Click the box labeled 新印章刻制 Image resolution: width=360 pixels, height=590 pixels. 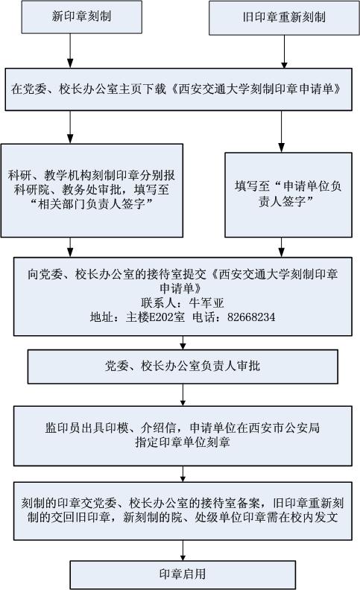point(82,17)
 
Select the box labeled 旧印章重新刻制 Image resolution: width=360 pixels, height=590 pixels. point(284,18)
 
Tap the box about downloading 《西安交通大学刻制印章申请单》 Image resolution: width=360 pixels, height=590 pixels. point(178,89)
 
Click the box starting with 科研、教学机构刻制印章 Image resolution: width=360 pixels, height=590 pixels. point(92,191)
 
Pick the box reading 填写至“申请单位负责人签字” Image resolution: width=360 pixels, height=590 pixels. point(288,195)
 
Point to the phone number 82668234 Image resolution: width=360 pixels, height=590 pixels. point(251,317)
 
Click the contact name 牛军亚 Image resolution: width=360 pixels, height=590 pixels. point(206,303)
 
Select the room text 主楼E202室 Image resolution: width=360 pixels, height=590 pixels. point(156,317)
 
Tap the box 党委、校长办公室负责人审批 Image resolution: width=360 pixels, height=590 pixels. point(183,367)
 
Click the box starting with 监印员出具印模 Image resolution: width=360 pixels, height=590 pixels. point(183,436)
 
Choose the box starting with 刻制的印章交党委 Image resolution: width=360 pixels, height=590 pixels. point(183,511)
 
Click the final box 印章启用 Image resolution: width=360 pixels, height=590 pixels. point(183,574)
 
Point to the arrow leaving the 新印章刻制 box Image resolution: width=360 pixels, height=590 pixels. point(70,51)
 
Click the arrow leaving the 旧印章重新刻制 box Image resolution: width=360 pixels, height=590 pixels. point(284,52)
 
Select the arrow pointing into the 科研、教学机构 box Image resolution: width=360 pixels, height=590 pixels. point(70,127)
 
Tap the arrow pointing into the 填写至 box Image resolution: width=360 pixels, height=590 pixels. point(281,132)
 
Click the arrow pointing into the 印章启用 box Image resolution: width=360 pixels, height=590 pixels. point(183,551)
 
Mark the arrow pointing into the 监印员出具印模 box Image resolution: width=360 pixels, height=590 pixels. point(183,395)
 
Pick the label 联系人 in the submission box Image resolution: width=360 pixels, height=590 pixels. point(159,303)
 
